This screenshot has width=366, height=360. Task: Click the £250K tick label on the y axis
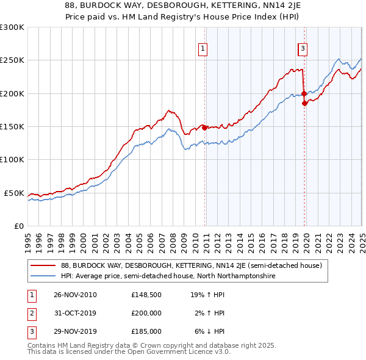pyautogui.click(x=12, y=60)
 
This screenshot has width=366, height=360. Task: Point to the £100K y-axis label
pyautogui.click(x=12, y=159)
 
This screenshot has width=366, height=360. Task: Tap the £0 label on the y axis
pyautogui.click(x=18, y=226)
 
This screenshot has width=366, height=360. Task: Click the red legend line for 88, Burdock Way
pyautogui.click(x=42, y=265)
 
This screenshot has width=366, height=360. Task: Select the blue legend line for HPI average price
pyautogui.click(x=42, y=276)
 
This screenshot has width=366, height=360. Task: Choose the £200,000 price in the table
pyautogui.click(x=146, y=314)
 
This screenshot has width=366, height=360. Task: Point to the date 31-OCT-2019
pyautogui.click(x=75, y=314)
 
